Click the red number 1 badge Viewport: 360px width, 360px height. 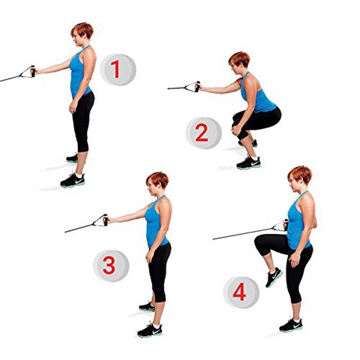pyautogui.click(x=118, y=70)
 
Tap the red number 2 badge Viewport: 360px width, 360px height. pyautogui.click(x=204, y=133)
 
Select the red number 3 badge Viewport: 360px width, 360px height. pyautogui.click(x=111, y=265)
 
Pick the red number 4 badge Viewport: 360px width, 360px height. pyautogui.click(x=241, y=292)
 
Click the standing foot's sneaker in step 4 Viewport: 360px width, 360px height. pyautogui.click(x=291, y=325)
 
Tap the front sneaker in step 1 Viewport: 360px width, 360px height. pyautogui.click(x=72, y=180)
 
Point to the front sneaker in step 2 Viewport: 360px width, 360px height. pyautogui.click(x=249, y=162)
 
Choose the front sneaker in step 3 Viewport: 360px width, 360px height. pyautogui.click(x=150, y=330)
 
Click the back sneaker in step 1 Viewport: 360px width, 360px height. pyautogui.click(x=72, y=158)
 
